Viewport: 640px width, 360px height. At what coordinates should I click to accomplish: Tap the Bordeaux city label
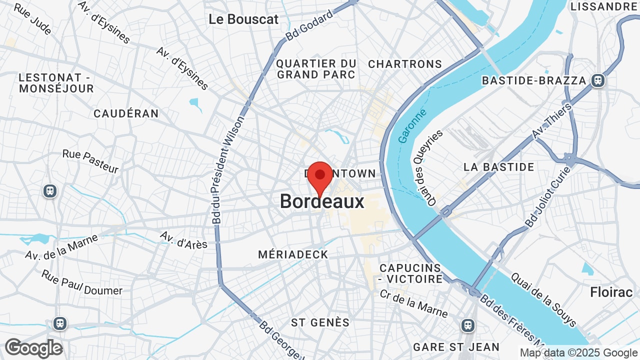322,201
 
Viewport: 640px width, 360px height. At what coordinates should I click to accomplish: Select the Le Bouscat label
243,19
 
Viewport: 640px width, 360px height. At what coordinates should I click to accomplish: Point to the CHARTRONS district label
405,64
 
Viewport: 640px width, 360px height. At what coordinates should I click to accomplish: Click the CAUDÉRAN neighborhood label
126,113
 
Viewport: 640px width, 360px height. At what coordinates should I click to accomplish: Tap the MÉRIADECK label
293,254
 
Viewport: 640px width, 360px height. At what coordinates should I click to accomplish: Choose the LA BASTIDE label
498,167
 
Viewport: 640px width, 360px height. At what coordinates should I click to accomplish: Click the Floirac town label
611,292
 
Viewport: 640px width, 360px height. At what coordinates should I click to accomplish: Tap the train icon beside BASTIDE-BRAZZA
597,80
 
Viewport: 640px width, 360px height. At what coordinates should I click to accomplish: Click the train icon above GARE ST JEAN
468,325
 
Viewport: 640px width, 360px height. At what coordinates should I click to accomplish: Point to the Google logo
33,348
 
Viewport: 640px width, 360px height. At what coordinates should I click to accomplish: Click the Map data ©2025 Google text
579,353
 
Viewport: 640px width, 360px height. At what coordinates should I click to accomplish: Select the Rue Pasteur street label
90,161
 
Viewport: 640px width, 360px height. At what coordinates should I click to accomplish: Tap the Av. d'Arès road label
183,239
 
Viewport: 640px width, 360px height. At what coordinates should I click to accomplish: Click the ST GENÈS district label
320,322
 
